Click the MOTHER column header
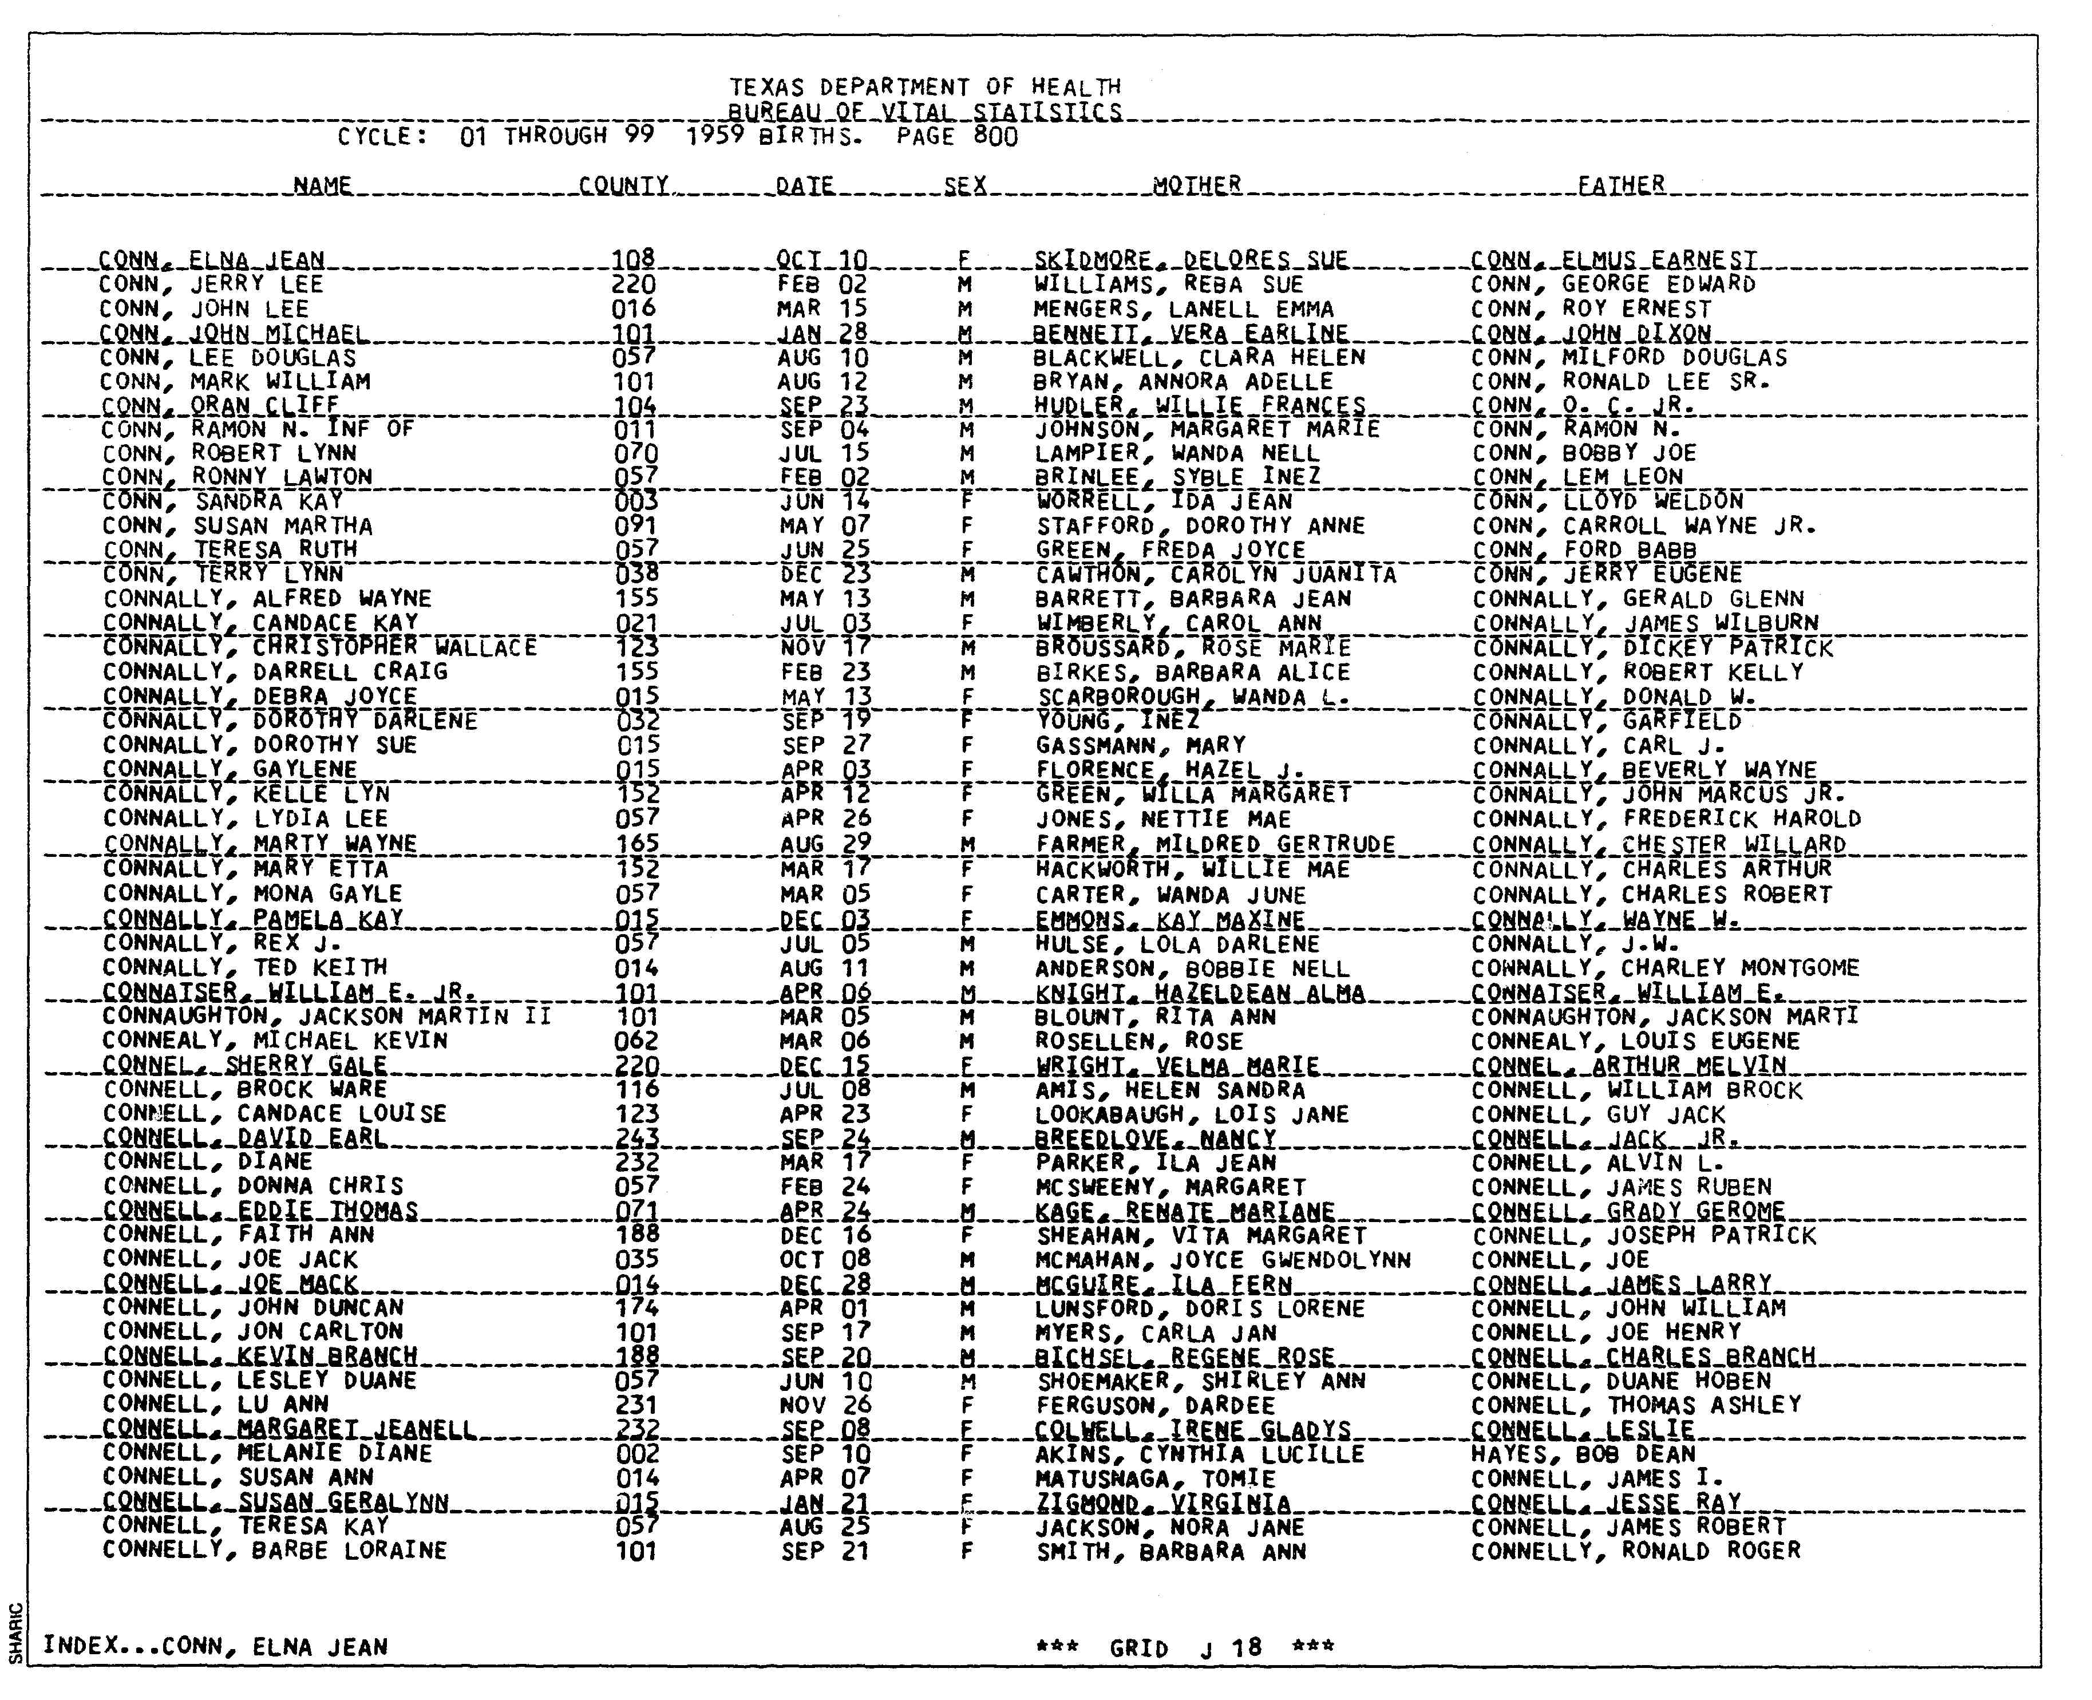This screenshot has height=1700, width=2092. pyautogui.click(x=1196, y=184)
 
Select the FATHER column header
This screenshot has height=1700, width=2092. pyautogui.click(x=1620, y=184)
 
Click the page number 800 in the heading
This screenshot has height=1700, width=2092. pyautogui.click(x=995, y=136)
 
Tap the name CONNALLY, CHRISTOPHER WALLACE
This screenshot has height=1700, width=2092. pyautogui.click(x=319, y=647)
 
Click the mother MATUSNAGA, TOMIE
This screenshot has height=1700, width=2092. pyautogui.click(x=1155, y=1478)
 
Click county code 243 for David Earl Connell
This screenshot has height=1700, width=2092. pyautogui.click(x=636, y=1138)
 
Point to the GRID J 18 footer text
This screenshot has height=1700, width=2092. pyautogui.click(x=1185, y=1647)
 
